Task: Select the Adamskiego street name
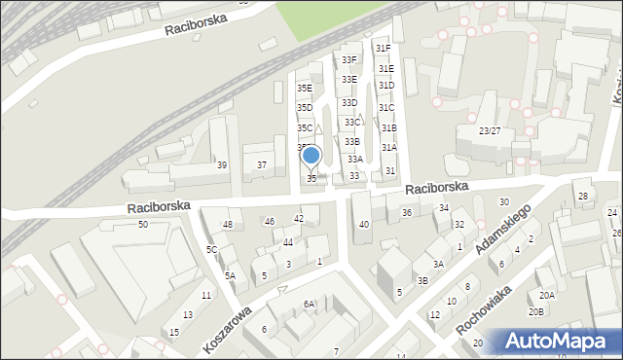511,232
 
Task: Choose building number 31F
383,48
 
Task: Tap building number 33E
349,79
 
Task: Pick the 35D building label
305,108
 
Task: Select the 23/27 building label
490,130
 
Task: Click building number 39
222,165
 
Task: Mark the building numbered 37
262,165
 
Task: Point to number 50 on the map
143,225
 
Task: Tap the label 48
228,225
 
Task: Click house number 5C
211,249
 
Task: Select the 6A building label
309,305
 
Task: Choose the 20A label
547,296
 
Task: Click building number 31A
388,148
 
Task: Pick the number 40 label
364,225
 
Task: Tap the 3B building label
422,281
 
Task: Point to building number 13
188,315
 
